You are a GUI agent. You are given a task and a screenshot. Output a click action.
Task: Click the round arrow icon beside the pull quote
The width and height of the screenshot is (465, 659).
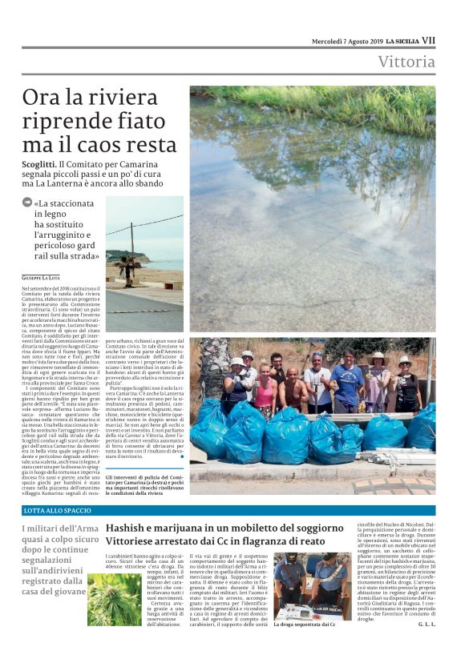[x=27, y=203]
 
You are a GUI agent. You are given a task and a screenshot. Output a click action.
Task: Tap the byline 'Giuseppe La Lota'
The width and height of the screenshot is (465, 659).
[x=42, y=276]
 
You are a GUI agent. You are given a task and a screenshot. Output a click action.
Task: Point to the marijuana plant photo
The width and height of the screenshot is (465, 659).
[x=114, y=601]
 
